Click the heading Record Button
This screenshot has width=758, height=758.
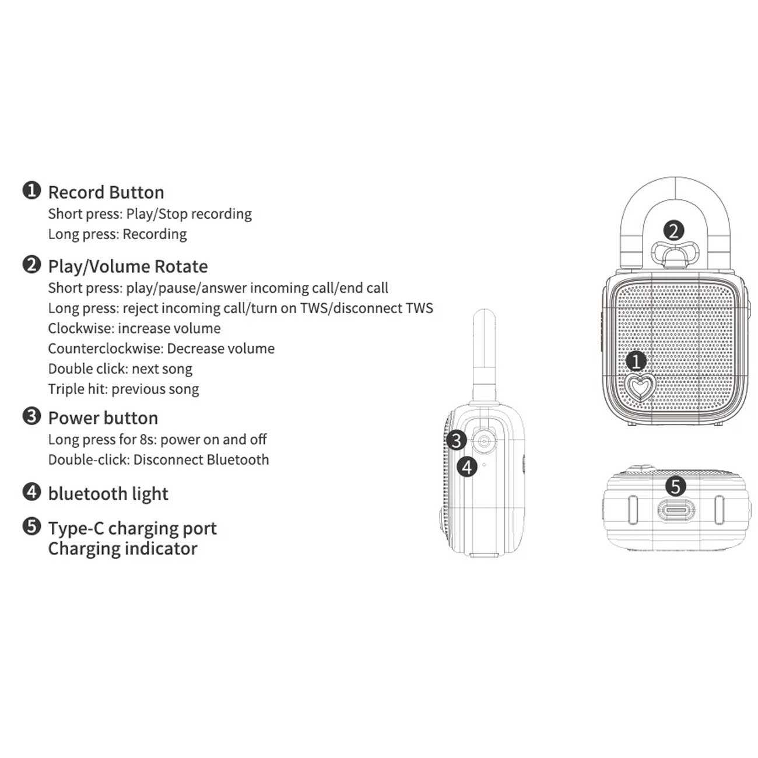(106, 192)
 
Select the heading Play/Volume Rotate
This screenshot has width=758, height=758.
(128, 266)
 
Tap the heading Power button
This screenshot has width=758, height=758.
(103, 418)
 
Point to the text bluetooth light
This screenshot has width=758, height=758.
(108, 494)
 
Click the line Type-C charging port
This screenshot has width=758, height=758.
(132, 528)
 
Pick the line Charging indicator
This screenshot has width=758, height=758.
(122, 549)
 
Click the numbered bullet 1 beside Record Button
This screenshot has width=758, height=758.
(31, 191)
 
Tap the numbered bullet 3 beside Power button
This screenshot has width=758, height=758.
(31, 416)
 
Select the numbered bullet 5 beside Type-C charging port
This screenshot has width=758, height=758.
(31, 527)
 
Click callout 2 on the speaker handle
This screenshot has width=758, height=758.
(673, 231)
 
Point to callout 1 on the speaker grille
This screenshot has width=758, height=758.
(636, 362)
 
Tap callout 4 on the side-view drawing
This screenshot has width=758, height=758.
(467, 466)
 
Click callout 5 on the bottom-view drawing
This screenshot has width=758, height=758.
(675, 485)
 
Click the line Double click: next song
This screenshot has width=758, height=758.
(120, 369)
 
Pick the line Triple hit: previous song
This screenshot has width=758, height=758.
(123, 389)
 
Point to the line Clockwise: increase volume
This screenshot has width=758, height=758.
(134, 328)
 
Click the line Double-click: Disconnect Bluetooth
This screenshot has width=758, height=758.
(159, 460)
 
